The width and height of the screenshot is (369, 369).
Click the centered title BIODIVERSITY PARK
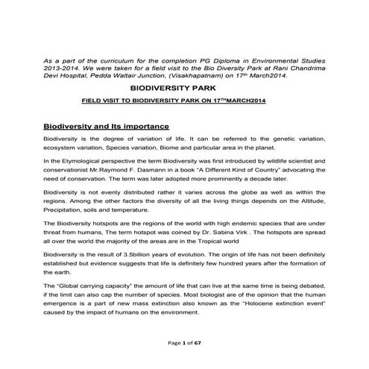(x=184, y=88)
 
